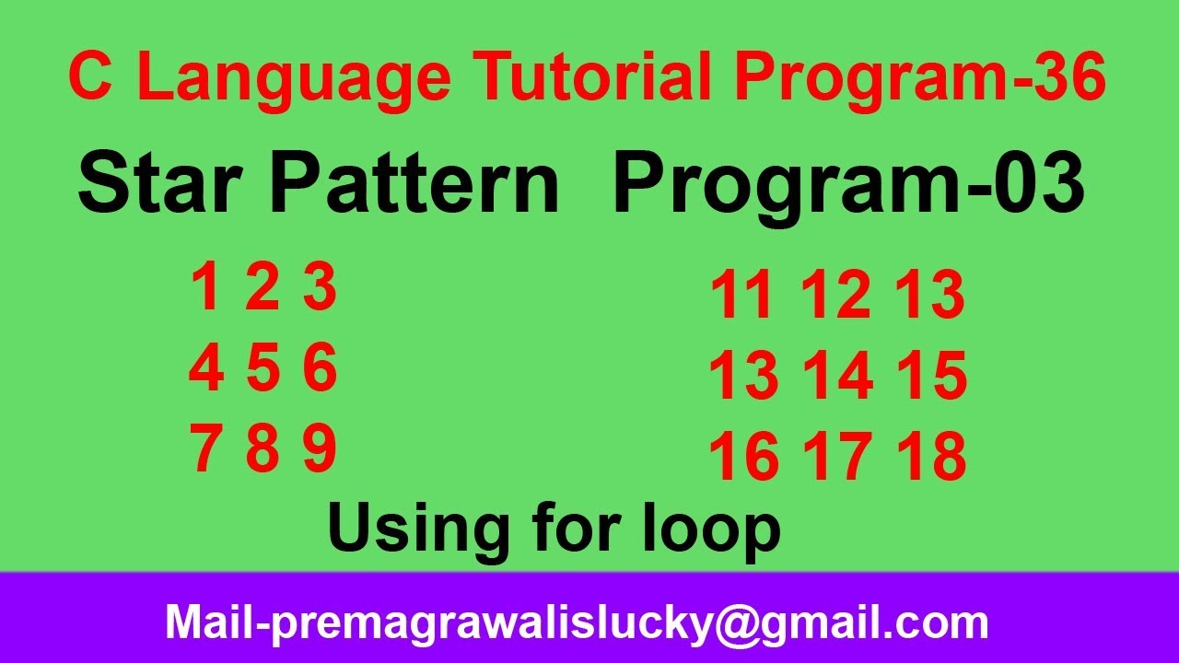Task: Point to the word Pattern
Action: [414, 184]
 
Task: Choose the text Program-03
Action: [848, 184]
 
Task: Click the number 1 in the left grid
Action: [205, 287]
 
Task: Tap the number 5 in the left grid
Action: [263, 368]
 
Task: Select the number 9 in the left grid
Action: [320, 449]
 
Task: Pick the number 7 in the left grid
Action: [206, 449]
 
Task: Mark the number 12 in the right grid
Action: [835, 297]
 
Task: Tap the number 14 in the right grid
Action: [837, 378]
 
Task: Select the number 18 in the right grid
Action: [932, 459]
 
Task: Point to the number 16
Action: [742, 459]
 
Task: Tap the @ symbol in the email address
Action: [740, 623]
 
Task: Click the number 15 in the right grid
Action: [932, 378]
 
